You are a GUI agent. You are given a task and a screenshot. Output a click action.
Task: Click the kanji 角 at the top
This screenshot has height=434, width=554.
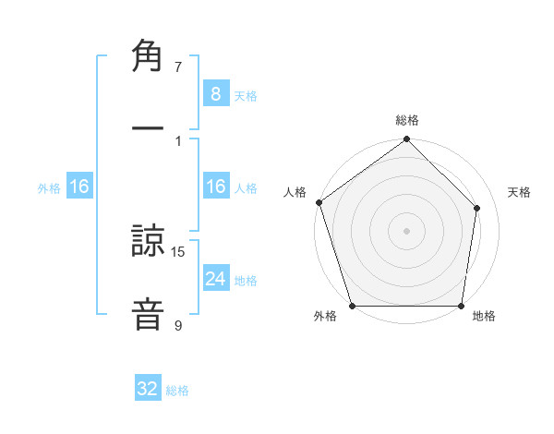(x=148, y=56)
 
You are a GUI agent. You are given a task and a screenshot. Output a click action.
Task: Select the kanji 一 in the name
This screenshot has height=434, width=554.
(x=148, y=129)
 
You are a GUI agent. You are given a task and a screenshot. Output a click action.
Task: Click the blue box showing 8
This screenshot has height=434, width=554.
(x=215, y=93)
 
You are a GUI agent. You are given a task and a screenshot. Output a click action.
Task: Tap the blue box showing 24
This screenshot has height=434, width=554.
(x=215, y=278)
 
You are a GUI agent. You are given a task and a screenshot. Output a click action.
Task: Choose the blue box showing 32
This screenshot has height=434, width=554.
(x=148, y=389)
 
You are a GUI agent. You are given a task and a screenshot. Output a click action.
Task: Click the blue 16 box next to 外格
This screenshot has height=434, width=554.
(x=79, y=187)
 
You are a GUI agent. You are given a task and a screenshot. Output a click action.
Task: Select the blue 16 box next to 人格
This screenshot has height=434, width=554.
(x=215, y=187)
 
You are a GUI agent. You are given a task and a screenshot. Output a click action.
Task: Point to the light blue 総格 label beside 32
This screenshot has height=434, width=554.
(x=177, y=391)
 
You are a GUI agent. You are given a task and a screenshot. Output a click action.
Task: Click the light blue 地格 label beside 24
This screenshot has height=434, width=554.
(x=246, y=280)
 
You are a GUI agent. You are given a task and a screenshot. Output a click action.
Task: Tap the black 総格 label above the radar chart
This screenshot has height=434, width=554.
(x=407, y=120)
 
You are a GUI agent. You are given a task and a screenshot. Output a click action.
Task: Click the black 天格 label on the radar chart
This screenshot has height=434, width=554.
(x=519, y=192)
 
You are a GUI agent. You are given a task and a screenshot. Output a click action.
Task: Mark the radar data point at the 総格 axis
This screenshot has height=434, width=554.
(x=407, y=140)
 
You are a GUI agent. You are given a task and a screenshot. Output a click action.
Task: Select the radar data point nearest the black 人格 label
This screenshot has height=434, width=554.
(x=319, y=202)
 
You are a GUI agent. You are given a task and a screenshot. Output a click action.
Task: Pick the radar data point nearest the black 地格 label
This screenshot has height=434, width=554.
(x=461, y=305)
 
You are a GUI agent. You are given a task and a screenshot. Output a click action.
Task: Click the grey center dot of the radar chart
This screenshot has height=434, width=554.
(x=407, y=230)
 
